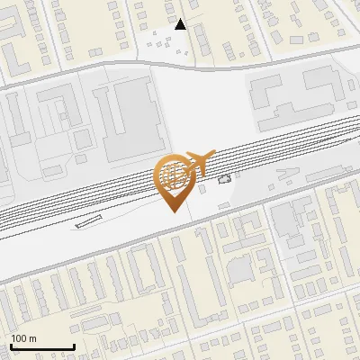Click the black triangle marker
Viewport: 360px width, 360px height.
(x=181, y=24)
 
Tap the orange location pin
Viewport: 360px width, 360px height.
(x=176, y=180)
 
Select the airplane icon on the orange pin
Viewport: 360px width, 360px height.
(x=197, y=161)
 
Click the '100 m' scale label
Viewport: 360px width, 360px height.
(x=23, y=337)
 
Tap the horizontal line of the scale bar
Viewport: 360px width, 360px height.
(x=42, y=346)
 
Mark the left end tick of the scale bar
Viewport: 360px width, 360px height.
(x=11, y=345)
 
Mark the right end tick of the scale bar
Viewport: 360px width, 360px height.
(x=74, y=345)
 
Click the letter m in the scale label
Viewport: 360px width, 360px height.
(x=32, y=337)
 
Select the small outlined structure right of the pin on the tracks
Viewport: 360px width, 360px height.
(x=224, y=178)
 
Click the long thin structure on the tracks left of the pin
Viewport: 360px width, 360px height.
(x=87, y=221)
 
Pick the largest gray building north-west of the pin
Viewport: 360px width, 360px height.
(x=130, y=117)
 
